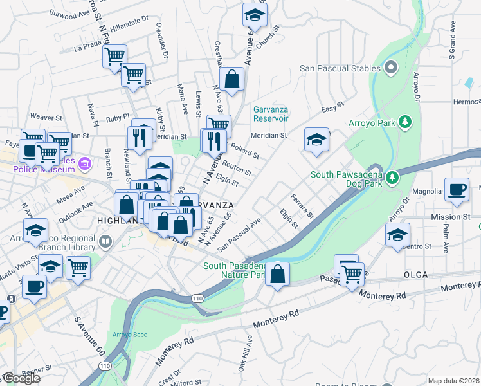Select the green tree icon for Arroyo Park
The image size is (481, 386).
click(x=405, y=122)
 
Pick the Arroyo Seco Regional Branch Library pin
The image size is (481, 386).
click(x=106, y=243)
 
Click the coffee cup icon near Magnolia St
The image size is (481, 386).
click(x=457, y=190)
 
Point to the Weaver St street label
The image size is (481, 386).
click(x=45, y=118)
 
